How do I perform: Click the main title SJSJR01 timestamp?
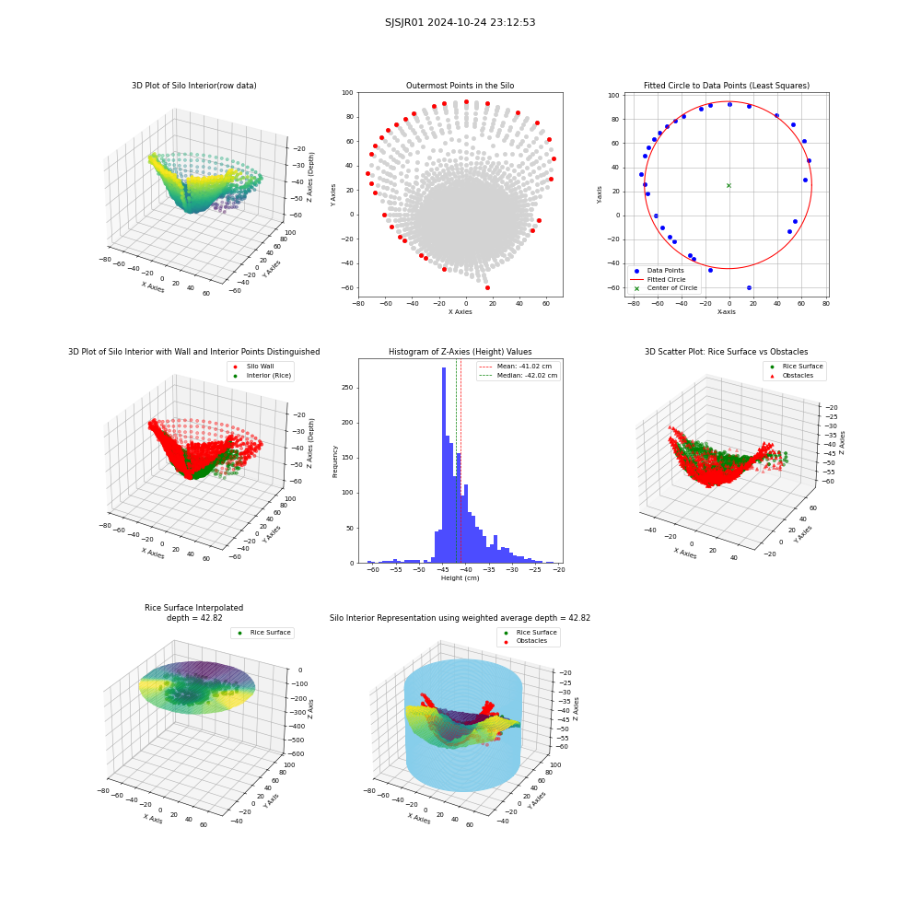pyautogui.click(x=460, y=22)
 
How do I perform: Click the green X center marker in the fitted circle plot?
pyautogui.click(x=729, y=186)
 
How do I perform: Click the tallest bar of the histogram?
pyautogui.click(x=443, y=465)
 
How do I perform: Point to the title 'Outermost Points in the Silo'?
pyautogui.click(x=460, y=86)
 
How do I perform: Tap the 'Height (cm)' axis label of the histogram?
pyautogui.click(x=460, y=578)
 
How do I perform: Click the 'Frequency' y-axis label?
pyautogui.click(x=335, y=461)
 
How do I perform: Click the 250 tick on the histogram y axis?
pyautogui.click(x=348, y=388)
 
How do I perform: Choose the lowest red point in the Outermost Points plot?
pyautogui.click(x=487, y=287)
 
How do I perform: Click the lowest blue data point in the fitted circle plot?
pyautogui.click(x=749, y=287)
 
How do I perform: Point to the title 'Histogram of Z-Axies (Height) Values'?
pyautogui.click(x=460, y=352)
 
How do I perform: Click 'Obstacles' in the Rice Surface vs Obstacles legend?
pyautogui.click(x=798, y=376)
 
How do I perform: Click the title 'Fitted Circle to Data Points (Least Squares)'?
pyautogui.click(x=727, y=86)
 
